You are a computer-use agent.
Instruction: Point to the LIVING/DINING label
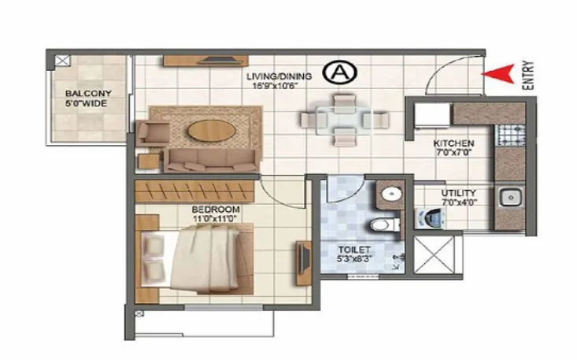click(279, 76)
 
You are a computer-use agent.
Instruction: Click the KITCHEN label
click(453, 143)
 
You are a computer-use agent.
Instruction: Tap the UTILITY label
click(457, 191)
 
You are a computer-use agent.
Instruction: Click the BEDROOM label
click(215, 209)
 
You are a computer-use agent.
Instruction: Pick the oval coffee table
click(208, 128)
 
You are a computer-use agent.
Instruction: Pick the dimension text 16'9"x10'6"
click(279, 87)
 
